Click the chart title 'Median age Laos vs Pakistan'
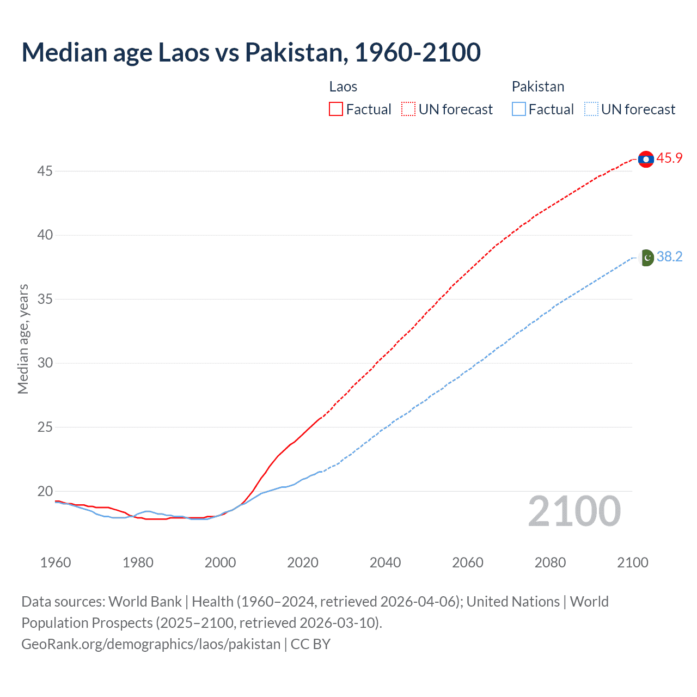click(x=251, y=52)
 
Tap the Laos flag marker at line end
click(x=646, y=159)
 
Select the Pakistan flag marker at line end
click(x=646, y=258)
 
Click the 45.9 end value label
click(x=669, y=158)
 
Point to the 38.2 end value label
click(x=669, y=257)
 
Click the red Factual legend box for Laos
click(x=336, y=109)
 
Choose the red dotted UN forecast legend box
click(x=408, y=109)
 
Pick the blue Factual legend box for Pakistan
click(x=518, y=109)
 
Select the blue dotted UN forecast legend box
click(x=591, y=109)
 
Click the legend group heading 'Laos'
click(x=343, y=87)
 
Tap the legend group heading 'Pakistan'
click(x=538, y=87)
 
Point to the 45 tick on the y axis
click(x=45, y=172)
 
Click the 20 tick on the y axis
click(x=45, y=491)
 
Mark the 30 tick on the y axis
click(x=45, y=363)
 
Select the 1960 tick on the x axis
click(x=56, y=563)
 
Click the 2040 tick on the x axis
click(x=385, y=563)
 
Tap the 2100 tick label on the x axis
click(x=633, y=563)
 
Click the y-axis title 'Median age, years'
click(x=23, y=339)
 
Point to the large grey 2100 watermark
click(x=574, y=512)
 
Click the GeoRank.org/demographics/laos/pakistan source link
click(x=151, y=644)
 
